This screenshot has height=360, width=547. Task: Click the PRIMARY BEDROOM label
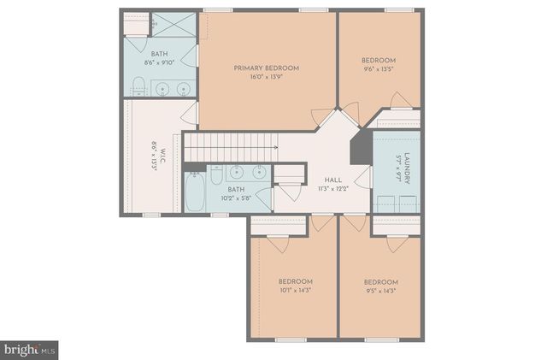pos(266,67)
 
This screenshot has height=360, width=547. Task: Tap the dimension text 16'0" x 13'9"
pos(266,77)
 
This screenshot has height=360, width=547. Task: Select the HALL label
pos(333,180)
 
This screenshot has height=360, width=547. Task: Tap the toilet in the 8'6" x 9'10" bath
pos(138,85)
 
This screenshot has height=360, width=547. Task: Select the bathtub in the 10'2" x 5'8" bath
pos(195,194)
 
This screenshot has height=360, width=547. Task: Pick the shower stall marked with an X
pos(174,24)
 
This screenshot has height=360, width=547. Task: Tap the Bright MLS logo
pos(29,350)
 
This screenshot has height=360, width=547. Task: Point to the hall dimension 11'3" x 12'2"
pos(333,189)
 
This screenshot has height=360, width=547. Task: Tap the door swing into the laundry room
pos(365,178)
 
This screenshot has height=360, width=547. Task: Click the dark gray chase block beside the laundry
pos(361,145)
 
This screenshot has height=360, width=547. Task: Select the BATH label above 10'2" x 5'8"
pos(236,190)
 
